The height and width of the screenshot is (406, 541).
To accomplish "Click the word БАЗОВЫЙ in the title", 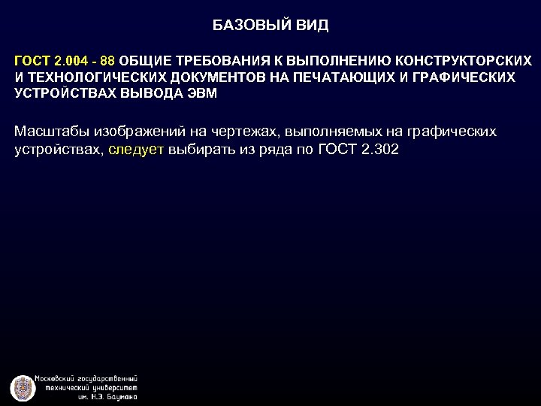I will click(x=244, y=26).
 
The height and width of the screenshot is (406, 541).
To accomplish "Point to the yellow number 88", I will click(x=107, y=59).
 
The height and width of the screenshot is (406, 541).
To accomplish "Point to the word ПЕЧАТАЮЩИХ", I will click(x=331, y=77).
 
